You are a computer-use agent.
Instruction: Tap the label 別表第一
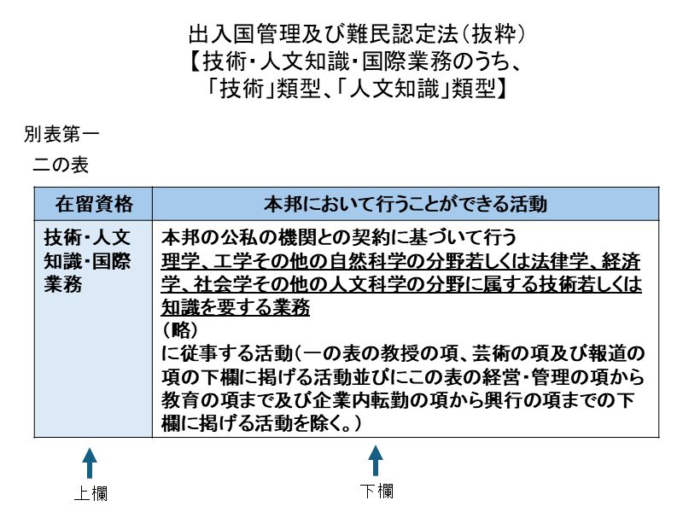tap(62, 134)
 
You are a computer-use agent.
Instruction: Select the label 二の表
tap(61, 164)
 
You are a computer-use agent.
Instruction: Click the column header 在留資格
tap(94, 204)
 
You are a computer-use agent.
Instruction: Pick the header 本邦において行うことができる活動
tap(405, 204)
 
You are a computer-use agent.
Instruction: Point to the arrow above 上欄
tap(89, 466)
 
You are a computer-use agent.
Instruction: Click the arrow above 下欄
tap(375, 462)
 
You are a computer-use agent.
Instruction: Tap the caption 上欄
tap(90, 493)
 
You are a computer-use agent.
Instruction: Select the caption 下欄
tap(376, 492)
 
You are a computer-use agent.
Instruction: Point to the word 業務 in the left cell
tap(63, 285)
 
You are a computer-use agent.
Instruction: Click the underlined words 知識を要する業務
tap(235, 307)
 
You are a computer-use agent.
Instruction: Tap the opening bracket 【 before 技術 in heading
tap(196, 62)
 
